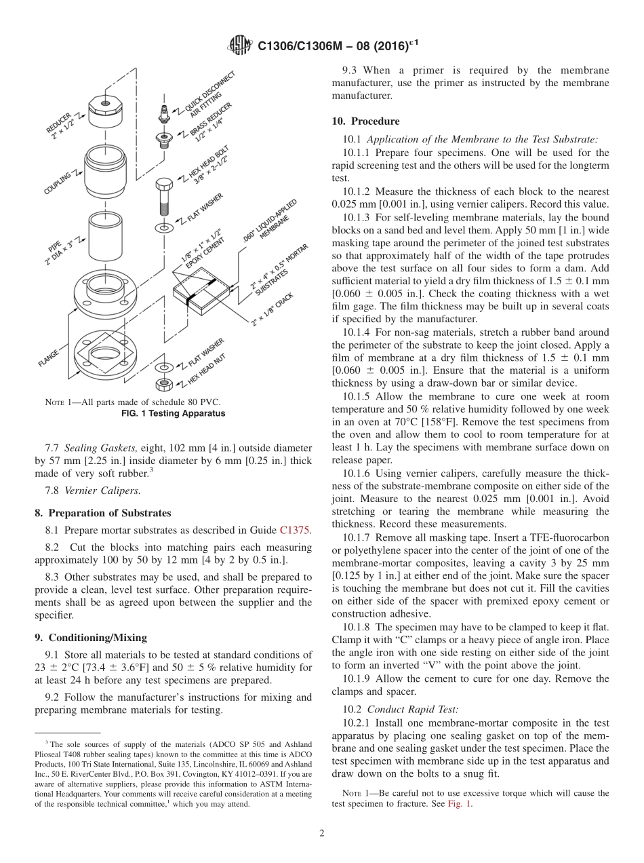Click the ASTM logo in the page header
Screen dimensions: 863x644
point(240,45)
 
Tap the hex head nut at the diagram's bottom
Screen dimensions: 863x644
point(163,384)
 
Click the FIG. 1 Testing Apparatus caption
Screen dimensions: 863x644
point(173,413)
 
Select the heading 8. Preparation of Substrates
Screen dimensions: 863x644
point(103,513)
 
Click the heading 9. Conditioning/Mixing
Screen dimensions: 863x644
point(90,638)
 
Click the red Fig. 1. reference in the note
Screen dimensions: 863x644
point(460,804)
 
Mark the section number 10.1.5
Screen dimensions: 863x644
point(357,396)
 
